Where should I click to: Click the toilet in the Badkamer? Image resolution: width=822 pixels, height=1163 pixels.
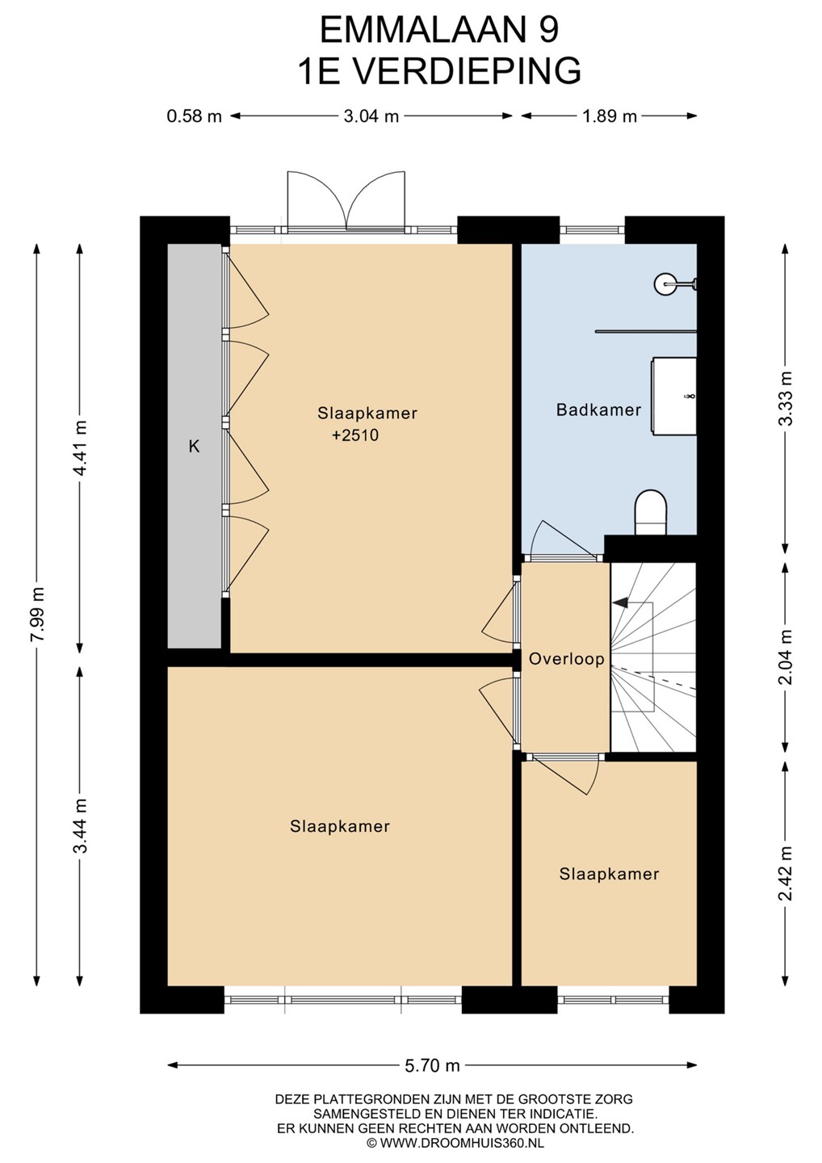[651, 512]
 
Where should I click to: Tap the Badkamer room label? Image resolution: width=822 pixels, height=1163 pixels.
[598, 410]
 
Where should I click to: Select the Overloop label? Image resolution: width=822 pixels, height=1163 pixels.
[566, 659]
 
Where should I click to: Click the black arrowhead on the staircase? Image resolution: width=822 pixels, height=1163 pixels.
[619, 602]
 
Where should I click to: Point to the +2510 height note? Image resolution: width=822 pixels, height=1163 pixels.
[355, 435]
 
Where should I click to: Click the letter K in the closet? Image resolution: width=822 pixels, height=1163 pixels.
[194, 447]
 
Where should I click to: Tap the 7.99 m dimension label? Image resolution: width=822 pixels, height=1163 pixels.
[37, 615]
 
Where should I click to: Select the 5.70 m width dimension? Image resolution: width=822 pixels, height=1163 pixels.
[432, 1066]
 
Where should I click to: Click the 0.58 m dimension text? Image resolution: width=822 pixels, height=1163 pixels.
[194, 115]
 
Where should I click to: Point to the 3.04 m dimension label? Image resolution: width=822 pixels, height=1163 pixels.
[371, 115]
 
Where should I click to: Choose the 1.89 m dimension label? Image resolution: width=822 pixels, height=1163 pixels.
[610, 115]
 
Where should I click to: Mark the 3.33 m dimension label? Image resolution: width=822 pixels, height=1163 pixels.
[786, 398]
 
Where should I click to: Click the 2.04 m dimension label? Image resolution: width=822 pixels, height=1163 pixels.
[786, 657]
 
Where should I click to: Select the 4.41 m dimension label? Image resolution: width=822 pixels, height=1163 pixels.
[80, 447]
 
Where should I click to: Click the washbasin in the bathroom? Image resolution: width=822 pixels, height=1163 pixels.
[674, 397]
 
